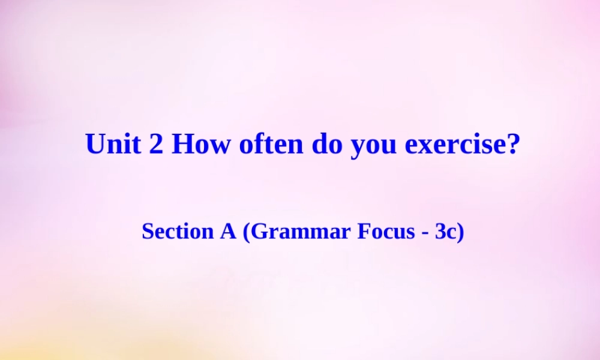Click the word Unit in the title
pyautogui.click(x=113, y=145)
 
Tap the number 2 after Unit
pyautogui.click(x=155, y=145)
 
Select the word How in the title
pyautogui.click(x=200, y=145)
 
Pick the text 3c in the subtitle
pyautogui.click(x=446, y=231)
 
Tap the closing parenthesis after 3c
pyautogui.click(x=461, y=232)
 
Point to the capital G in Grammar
pyautogui.click(x=257, y=231)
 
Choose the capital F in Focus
pyautogui.click(x=363, y=231)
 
